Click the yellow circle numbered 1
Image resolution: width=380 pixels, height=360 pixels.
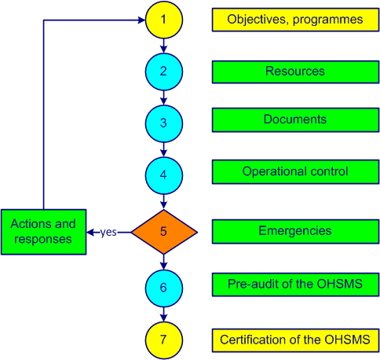pyautogui.click(x=164, y=20)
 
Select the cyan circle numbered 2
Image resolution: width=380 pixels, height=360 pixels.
pyautogui.click(x=164, y=72)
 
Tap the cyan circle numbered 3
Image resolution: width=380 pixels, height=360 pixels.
pyautogui.click(x=164, y=123)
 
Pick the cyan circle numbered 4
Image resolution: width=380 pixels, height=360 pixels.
pyautogui.click(x=164, y=175)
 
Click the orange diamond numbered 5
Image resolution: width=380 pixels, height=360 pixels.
pyautogui.click(x=164, y=232)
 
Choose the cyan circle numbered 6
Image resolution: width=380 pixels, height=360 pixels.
pyautogui.click(x=164, y=288)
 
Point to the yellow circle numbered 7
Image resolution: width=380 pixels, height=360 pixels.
pyautogui.click(x=164, y=340)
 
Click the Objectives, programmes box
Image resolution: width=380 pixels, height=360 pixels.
pyautogui.click(x=295, y=20)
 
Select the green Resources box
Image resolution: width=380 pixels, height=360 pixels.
pyautogui.click(x=295, y=72)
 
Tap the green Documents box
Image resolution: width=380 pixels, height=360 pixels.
pyautogui.click(x=295, y=119)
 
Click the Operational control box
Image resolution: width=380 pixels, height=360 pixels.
pyautogui.click(x=295, y=172)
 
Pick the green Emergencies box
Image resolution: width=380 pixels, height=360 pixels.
pyautogui.click(x=295, y=232)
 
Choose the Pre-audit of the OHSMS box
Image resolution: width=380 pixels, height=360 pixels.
pyautogui.click(x=295, y=285)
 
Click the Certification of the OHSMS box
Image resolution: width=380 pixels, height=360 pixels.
pyautogui.click(x=295, y=340)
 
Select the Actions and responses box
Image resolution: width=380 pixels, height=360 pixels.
pyautogui.click(x=44, y=232)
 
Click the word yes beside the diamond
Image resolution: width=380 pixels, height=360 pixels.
pyautogui.click(x=108, y=233)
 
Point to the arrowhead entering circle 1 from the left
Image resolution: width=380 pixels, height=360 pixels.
pyautogui.click(x=141, y=20)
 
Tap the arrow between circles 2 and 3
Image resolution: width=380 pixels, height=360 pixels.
pyautogui.click(x=164, y=98)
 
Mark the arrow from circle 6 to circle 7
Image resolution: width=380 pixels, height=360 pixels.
pyautogui.click(x=164, y=314)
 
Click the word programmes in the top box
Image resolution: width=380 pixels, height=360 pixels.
pyautogui.click(x=328, y=20)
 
